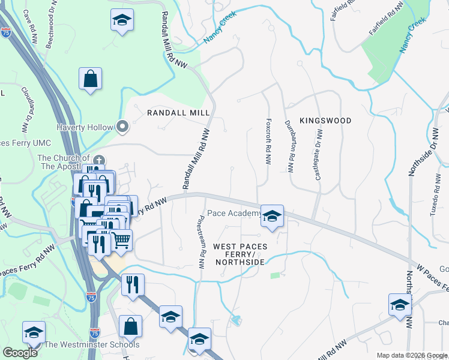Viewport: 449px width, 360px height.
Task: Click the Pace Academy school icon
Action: point(272,217)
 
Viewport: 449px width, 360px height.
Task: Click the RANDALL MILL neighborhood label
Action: point(178,113)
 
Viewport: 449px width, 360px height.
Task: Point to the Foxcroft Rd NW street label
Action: point(268,142)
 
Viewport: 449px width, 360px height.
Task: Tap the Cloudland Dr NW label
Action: point(28,111)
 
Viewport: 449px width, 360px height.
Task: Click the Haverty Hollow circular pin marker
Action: point(123,127)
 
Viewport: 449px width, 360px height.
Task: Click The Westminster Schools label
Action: point(92,344)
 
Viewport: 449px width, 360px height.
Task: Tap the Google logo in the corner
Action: point(20,353)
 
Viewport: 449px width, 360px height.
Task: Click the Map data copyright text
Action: point(412,355)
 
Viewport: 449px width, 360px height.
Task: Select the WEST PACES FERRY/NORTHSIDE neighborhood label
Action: point(239,254)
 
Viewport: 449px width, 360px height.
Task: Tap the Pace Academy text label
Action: point(234,213)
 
